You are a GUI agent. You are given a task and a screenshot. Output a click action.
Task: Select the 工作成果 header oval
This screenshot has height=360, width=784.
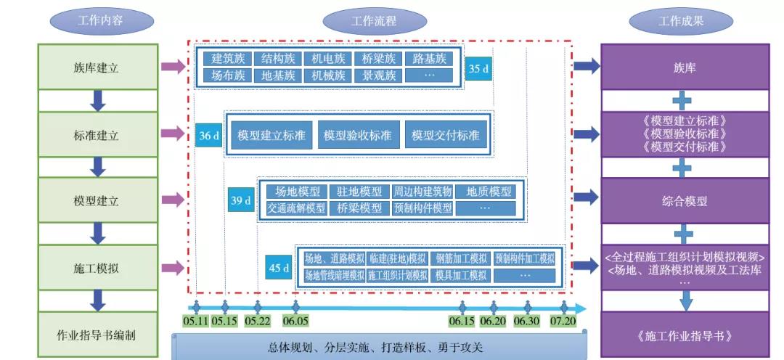(x=681, y=21)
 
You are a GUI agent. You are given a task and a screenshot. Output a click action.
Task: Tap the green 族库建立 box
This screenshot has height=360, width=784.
(x=97, y=67)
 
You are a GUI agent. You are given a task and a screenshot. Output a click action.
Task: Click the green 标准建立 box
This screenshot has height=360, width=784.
(x=97, y=134)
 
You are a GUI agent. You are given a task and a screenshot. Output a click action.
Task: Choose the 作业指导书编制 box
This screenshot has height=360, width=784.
(x=97, y=335)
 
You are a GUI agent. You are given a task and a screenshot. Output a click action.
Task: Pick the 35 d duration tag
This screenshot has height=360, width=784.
(x=478, y=70)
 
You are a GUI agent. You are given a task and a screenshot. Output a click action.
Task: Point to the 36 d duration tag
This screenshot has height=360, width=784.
(x=209, y=136)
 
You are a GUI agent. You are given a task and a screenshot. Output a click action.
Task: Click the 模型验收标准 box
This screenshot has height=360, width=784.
(x=357, y=136)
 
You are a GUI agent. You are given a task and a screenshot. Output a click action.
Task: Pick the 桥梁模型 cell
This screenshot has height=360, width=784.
(x=359, y=208)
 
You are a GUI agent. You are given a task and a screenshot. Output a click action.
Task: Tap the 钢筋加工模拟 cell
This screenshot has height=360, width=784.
(x=461, y=258)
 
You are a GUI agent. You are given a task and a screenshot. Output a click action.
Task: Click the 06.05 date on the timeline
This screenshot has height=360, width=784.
(x=296, y=321)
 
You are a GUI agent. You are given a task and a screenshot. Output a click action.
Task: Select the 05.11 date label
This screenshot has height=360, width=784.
(x=195, y=321)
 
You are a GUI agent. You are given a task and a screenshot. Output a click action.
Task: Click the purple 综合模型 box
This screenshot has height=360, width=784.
(x=685, y=201)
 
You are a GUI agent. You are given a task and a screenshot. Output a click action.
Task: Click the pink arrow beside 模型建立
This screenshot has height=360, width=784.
(x=172, y=200)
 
